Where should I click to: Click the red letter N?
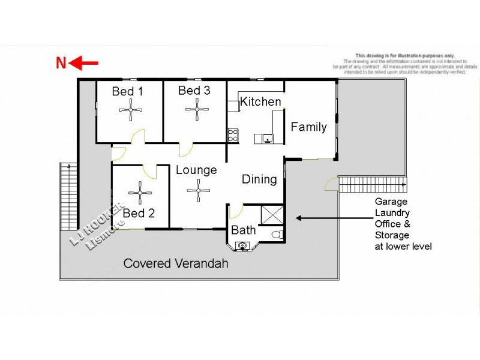coord(61,63)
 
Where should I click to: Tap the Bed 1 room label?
coord(127,92)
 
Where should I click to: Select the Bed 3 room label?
coord(194,91)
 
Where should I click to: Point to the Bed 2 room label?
coord(139,213)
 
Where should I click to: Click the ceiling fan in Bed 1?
coord(131,110)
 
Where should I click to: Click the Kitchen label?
coord(260,102)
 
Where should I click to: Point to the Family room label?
coord(308,127)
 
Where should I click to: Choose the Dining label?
coord(259,179)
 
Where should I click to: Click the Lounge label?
coord(196,170)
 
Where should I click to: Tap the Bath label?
coord(243,230)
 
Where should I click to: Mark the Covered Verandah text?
coord(175,263)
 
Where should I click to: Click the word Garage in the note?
coord(392,202)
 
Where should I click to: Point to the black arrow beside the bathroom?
coord(310,218)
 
